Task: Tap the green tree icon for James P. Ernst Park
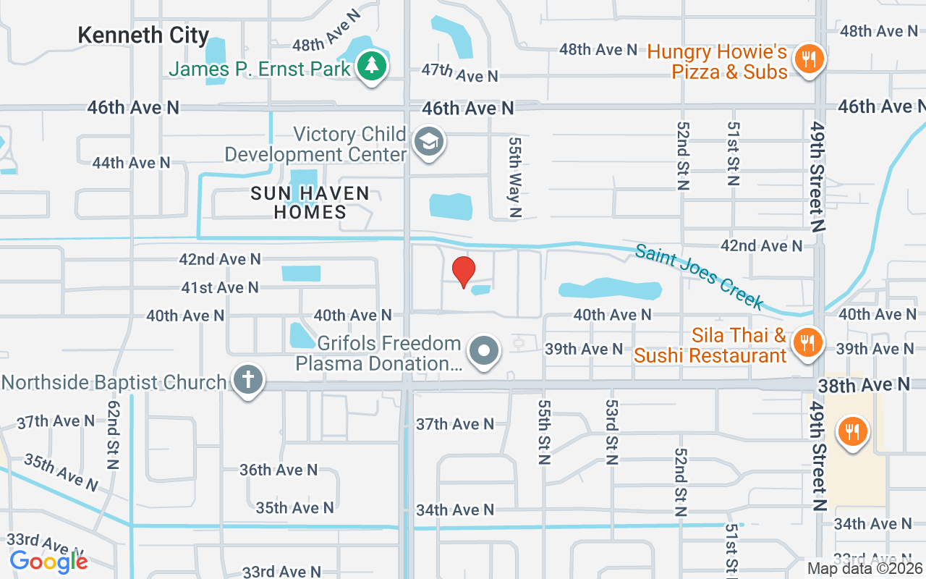pos(372,67)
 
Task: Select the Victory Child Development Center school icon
pos(429,143)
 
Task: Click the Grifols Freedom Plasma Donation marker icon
pos(484,352)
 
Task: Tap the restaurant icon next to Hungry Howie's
pos(809,59)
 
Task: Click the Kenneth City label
pos(143,35)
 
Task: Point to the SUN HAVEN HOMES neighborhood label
pos(310,203)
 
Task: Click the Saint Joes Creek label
pos(700,276)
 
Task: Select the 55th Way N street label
pos(515,177)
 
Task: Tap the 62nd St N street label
pos(114,434)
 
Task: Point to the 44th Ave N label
pos(131,163)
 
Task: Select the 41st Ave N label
pos(220,287)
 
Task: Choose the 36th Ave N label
pos(279,470)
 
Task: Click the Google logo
pos(48,561)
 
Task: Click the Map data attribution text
pos(865,568)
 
